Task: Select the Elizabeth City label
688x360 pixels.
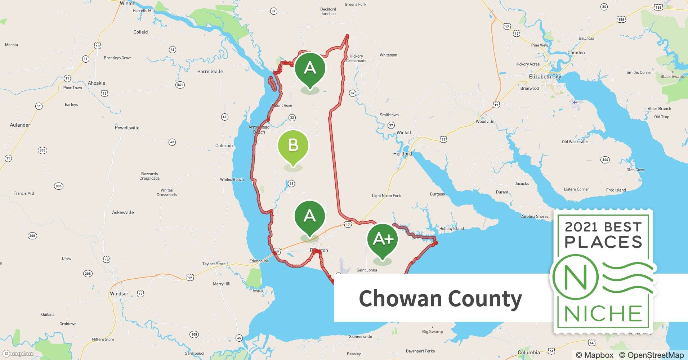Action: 545,77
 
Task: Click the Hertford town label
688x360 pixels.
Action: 402,154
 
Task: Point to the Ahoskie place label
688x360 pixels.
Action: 97,83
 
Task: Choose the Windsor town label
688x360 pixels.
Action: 119,294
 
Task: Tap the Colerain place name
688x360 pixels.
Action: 224,146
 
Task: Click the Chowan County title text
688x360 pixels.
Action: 440,298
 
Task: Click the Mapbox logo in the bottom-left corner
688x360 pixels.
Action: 18,354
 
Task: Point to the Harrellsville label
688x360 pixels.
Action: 210,72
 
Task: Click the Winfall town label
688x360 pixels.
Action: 404,133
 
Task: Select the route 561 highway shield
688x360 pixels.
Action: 180,85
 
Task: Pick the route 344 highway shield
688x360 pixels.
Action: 605,159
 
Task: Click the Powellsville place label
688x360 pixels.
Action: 127,128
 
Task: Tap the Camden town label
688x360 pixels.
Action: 576,53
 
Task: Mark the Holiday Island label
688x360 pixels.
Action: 451,229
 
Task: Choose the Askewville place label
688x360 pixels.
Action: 123,212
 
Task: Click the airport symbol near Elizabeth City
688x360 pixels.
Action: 575,103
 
